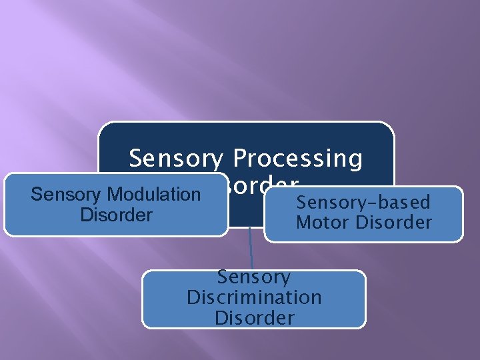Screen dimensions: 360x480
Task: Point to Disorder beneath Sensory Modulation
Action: click(116, 215)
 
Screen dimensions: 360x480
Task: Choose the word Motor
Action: click(321, 223)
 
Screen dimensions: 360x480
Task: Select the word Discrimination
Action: click(254, 297)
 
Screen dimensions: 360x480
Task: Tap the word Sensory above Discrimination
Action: click(254, 277)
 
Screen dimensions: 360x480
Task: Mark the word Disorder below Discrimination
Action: click(254, 318)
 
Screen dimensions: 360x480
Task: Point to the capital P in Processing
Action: click(239, 159)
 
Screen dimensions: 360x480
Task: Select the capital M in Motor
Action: click(303, 223)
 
